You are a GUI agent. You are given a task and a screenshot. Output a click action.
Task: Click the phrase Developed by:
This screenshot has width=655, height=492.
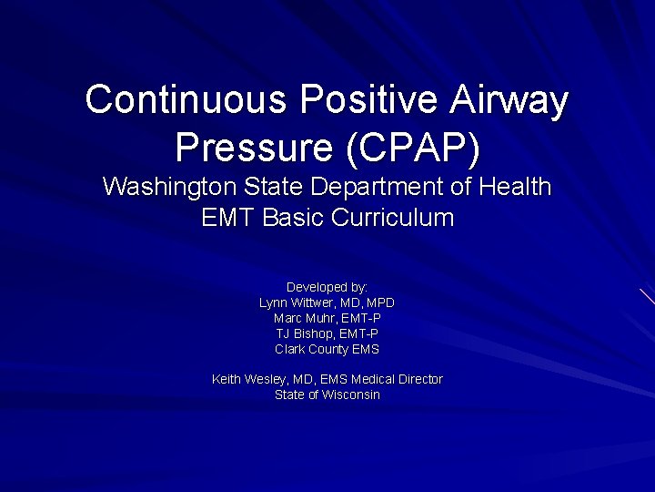(x=327, y=287)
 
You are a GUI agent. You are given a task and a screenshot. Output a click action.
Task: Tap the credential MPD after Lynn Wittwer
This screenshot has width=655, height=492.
(x=380, y=302)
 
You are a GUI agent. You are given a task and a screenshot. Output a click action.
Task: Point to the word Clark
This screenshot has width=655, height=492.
(x=289, y=349)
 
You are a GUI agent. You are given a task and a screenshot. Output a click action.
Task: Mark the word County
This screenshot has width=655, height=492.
(x=328, y=349)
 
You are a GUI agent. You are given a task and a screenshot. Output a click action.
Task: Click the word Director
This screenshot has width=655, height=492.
(x=419, y=379)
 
